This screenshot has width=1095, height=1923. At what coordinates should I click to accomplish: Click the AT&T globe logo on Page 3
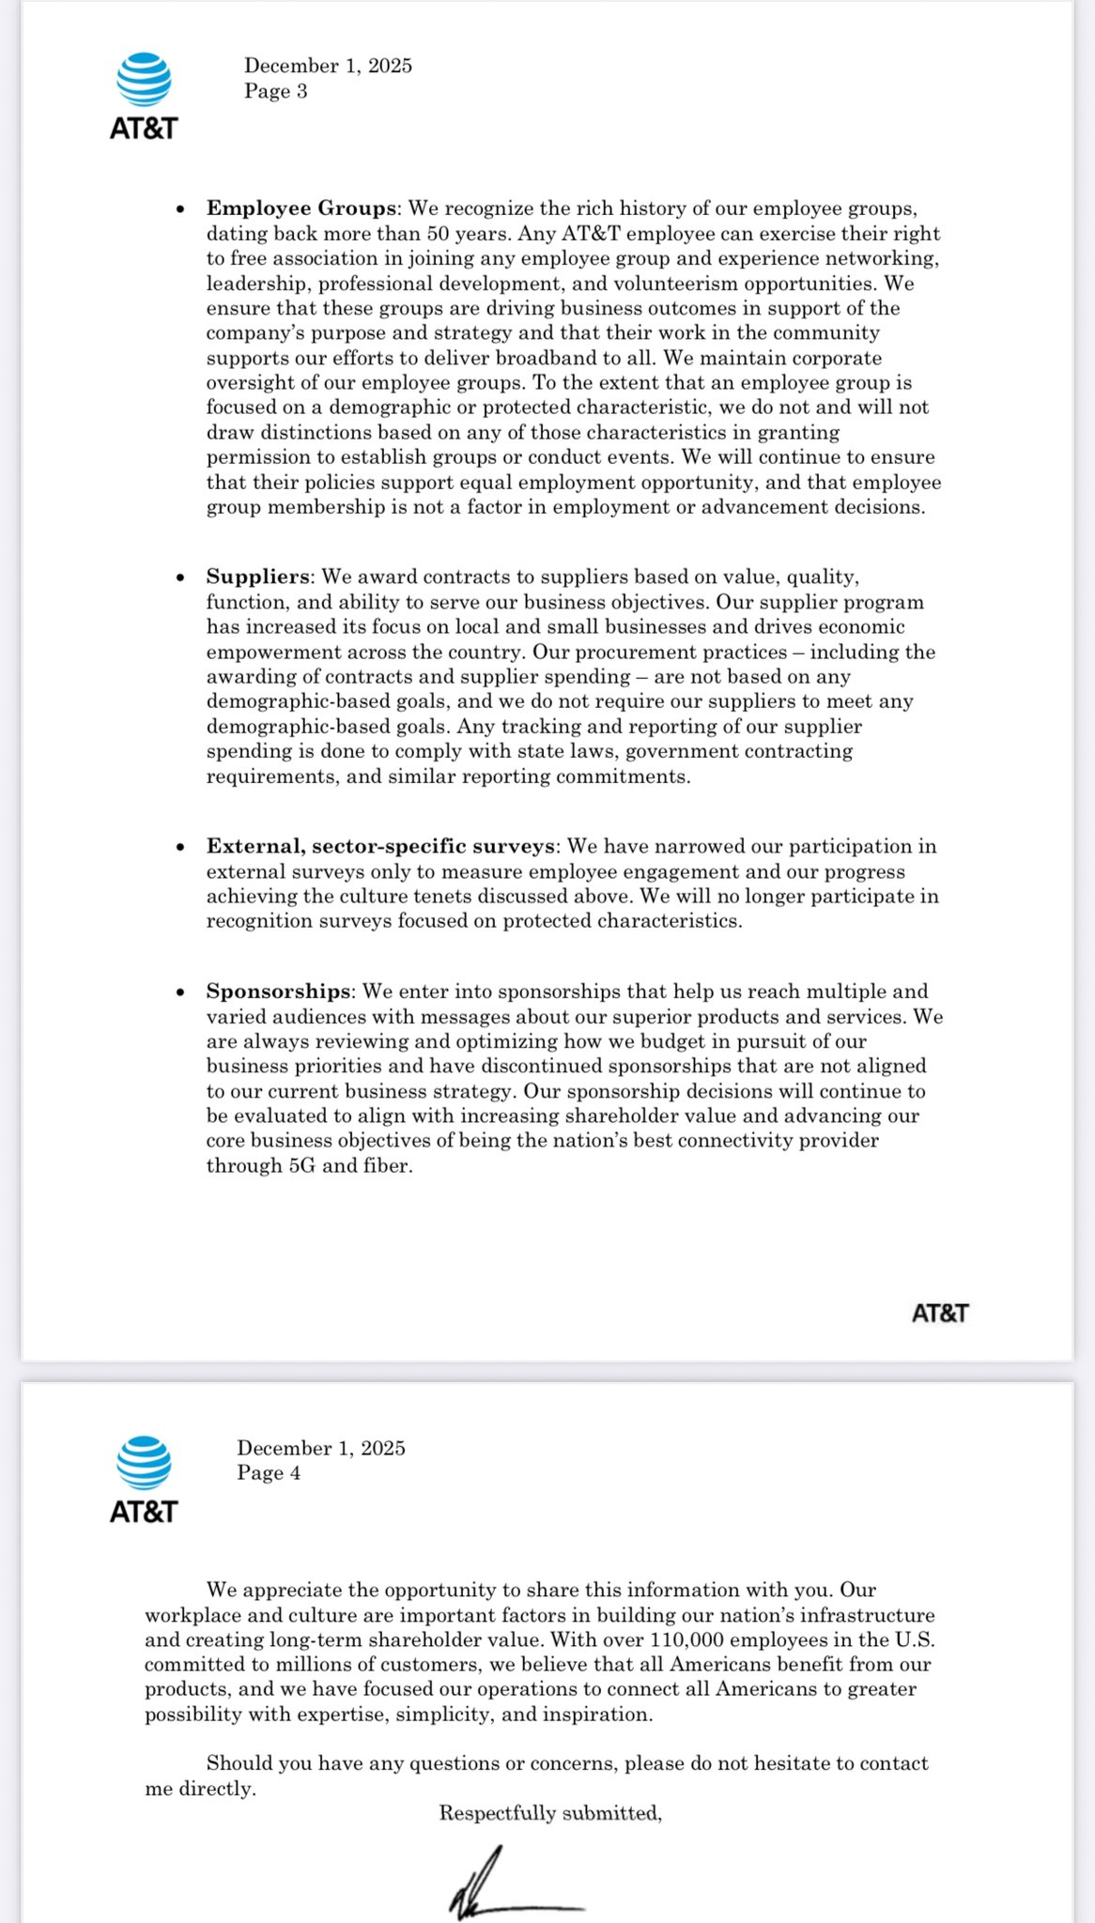click(144, 80)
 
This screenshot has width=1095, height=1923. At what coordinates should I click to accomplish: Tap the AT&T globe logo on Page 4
click(144, 1462)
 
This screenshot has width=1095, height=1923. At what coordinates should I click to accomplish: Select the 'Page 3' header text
click(275, 91)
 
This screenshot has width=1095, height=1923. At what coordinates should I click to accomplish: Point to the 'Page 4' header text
click(269, 1472)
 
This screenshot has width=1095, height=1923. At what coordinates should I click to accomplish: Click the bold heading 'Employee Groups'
click(301, 208)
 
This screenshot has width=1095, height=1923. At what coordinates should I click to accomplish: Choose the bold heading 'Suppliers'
click(258, 577)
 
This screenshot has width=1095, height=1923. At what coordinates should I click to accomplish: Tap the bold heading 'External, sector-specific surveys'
click(380, 846)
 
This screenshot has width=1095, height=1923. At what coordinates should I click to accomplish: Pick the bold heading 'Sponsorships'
click(278, 992)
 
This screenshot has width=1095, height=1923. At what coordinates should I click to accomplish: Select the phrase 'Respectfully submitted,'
click(550, 1813)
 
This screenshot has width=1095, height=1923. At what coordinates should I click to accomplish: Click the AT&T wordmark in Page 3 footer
click(939, 1313)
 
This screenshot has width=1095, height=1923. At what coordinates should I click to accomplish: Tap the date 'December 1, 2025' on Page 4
click(321, 1448)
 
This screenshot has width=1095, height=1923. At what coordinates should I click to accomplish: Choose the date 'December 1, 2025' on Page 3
click(328, 66)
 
